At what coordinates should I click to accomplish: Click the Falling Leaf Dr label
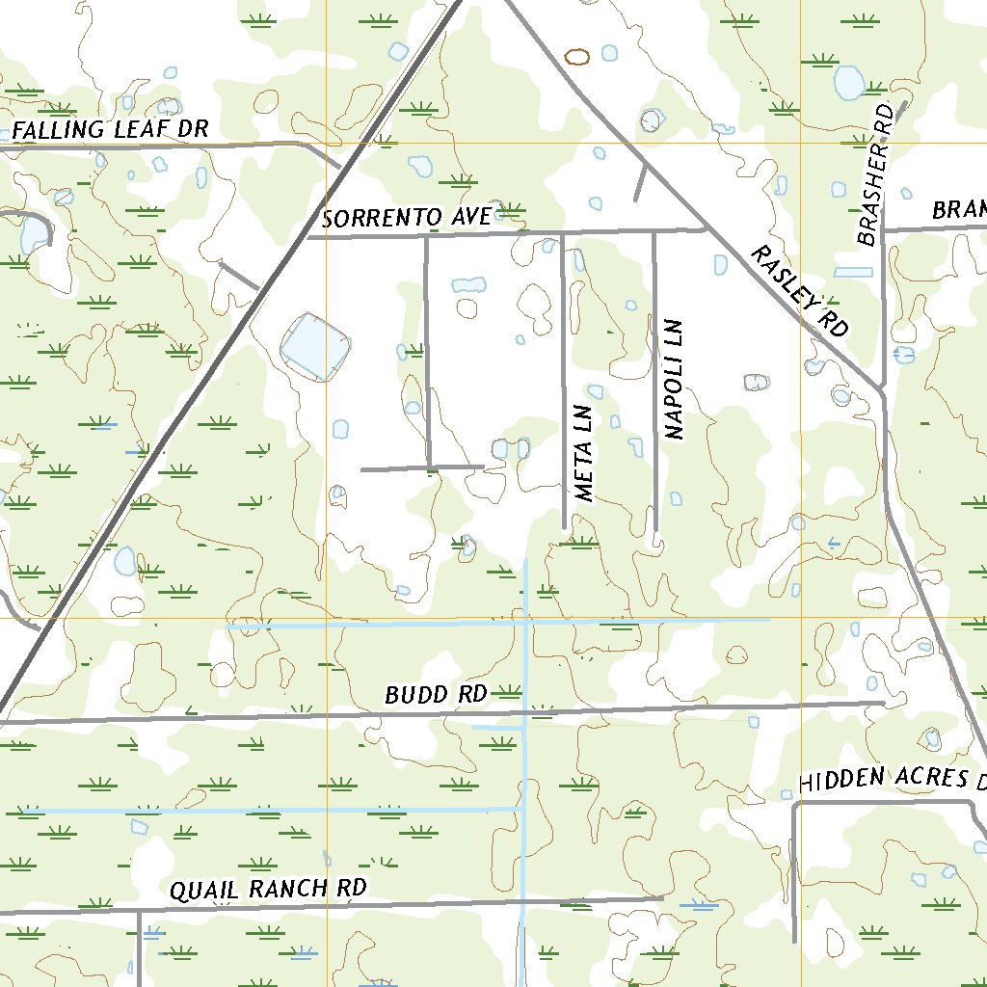(110, 130)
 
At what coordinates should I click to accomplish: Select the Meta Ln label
(584, 454)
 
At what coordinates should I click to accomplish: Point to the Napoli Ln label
(674, 380)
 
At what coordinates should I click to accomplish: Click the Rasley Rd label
(799, 291)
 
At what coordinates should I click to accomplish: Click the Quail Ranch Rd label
(269, 889)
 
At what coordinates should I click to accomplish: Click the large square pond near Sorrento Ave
(314, 345)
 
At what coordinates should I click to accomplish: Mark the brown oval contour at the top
(576, 57)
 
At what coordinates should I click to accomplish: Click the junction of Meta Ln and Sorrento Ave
(563, 232)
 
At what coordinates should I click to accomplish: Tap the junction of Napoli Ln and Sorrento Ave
(654, 231)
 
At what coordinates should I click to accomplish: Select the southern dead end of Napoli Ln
(655, 531)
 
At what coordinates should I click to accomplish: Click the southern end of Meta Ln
(564, 527)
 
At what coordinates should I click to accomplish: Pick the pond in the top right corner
(848, 83)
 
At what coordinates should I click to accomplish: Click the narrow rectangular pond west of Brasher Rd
(853, 273)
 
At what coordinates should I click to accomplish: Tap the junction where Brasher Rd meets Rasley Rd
(882, 388)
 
